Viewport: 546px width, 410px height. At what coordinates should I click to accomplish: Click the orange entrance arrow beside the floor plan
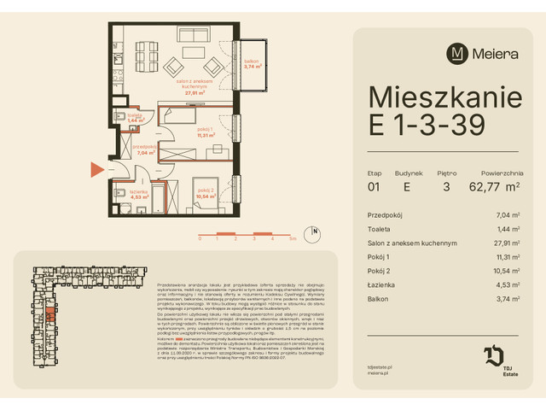click(96, 169)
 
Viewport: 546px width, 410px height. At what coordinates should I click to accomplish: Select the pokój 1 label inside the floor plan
click(204, 132)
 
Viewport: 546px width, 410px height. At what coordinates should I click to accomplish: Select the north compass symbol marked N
click(315, 231)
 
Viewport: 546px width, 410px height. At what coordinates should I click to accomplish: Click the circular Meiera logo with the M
click(457, 53)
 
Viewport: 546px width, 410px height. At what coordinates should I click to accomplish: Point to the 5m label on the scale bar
click(293, 241)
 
